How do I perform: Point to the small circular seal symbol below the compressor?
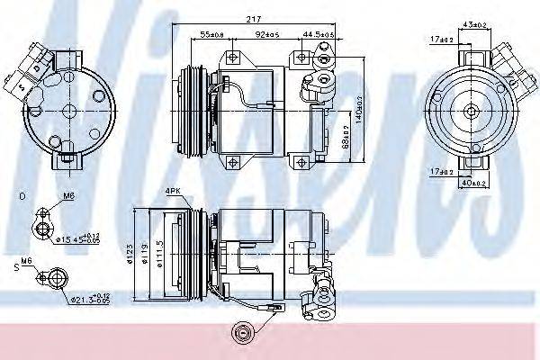240,332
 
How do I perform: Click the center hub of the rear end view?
469,110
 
